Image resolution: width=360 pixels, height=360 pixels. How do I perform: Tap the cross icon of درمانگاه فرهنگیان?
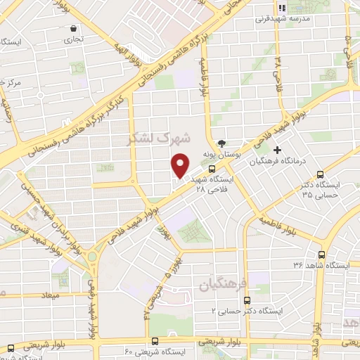pos(278,150)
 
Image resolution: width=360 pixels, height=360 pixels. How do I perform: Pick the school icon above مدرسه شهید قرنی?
pos(282,8)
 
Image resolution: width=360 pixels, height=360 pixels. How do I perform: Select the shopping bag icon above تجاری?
pos(74,29)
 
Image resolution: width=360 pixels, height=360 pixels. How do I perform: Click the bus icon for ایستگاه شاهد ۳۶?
pos(321,255)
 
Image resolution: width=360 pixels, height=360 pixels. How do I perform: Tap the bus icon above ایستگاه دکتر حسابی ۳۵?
pos(320,174)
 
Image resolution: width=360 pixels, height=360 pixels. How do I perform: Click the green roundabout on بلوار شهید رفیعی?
pos(92,255)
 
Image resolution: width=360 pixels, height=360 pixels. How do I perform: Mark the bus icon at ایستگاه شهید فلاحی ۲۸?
pos(212,169)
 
